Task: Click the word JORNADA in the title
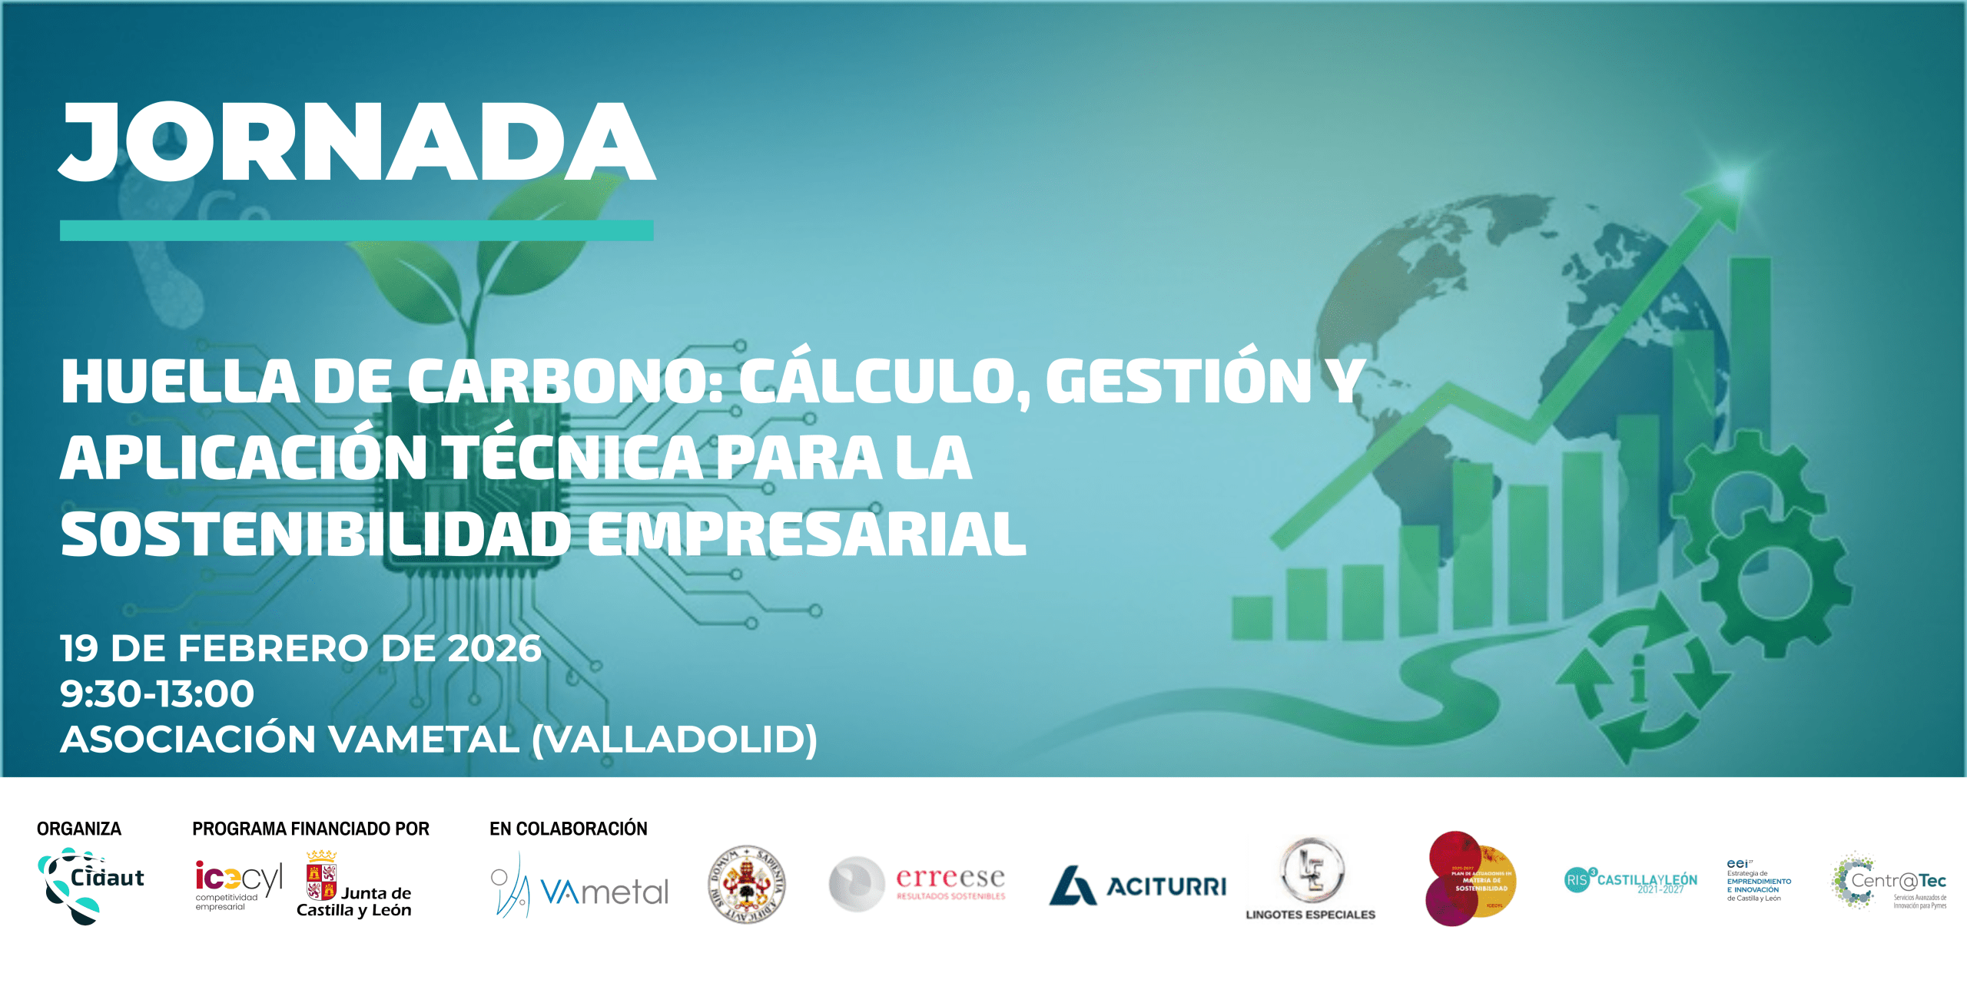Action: [x=357, y=142]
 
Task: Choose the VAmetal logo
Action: [x=580, y=887]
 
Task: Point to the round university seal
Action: [x=746, y=884]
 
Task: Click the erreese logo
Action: [x=918, y=884]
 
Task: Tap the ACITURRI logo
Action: [x=1138, y=886]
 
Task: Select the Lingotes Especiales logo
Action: [x=1311, y=879]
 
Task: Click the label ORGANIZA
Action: [x=79, y=829]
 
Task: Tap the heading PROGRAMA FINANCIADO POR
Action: [x=310, y=829]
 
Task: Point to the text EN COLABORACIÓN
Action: [x=569, y=829]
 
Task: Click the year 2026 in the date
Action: [x=494, y=649]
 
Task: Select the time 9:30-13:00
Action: [x=158, y=693]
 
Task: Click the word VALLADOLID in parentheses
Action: [x=674, y=739]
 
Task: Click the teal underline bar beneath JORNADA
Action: [x=357, y=230]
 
